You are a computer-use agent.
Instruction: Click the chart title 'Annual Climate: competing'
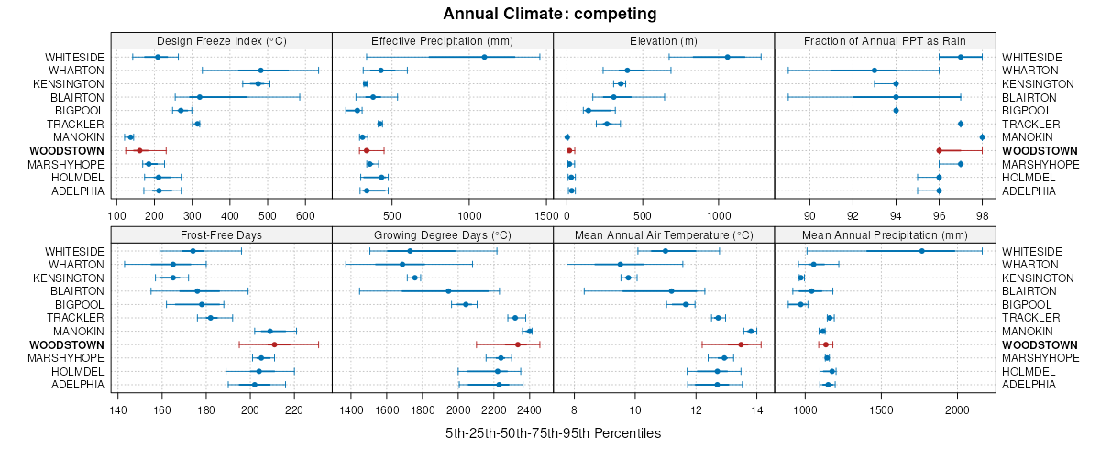point(550,14)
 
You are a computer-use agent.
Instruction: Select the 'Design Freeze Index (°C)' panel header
point(221,40)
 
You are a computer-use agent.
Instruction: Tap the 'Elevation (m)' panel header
point(664,40)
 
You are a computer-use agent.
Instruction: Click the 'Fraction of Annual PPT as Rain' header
point(885,40)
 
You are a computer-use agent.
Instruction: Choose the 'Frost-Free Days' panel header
point(221,234)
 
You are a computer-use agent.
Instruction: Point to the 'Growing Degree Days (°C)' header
point(443,234)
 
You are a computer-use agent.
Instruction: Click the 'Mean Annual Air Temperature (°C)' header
point(664,234)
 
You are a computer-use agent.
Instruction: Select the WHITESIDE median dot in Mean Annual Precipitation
point(922,251)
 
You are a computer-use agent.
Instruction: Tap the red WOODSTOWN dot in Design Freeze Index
point(139,150)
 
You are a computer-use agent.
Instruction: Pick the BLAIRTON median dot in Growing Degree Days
point(448,291)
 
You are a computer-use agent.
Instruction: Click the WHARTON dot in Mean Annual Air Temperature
point(621,265)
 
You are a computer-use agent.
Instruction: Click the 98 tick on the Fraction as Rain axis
point(982,216)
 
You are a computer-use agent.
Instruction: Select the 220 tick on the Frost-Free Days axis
point(294,410)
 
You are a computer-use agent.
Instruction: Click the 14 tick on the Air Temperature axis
point(756,410)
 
